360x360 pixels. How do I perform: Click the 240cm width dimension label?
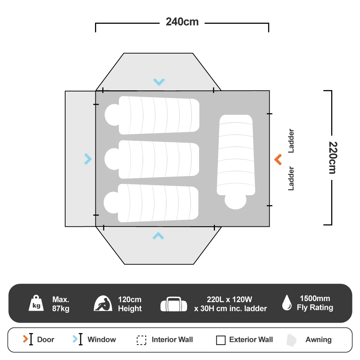point(182,22)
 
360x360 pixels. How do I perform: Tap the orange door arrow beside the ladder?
point(278,159)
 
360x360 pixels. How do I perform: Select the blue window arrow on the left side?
point(88,159)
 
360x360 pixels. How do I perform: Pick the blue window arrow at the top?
point(159,82)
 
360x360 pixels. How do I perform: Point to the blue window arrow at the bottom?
point(158,236)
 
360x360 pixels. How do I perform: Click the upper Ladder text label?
point(291,141)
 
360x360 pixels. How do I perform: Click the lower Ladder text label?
point(291,179)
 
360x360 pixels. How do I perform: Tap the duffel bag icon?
point(174,304)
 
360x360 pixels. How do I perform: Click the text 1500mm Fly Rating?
point(315,303)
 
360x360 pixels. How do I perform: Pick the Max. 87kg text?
point(61,304)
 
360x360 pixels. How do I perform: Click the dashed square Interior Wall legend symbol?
point(141,340)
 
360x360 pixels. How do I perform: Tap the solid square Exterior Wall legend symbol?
point(221,340)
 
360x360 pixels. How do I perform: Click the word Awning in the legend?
point(319,339)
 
